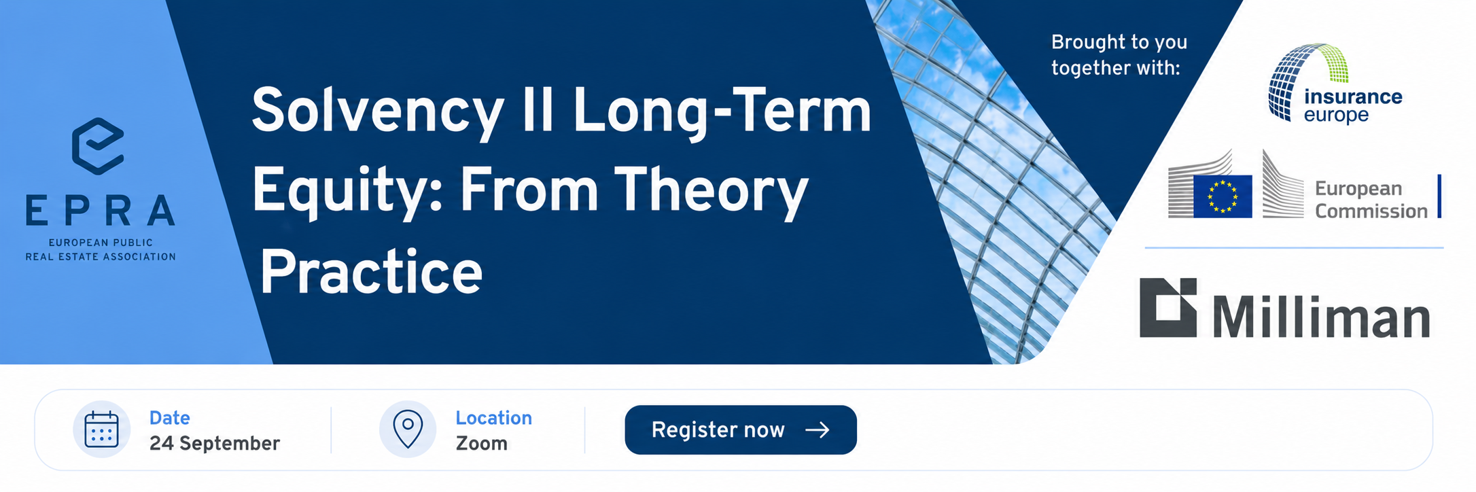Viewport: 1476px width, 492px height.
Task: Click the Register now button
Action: point(741,429)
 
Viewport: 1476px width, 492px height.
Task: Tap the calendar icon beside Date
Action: point(102,429)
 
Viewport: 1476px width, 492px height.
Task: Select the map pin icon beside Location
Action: point(408,429)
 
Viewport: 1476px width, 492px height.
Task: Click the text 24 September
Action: point(215,443)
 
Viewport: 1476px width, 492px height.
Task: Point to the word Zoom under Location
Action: point(482,443)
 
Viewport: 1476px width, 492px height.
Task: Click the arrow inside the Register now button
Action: point(818,429)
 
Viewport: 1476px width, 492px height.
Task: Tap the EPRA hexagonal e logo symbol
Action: point(98,146)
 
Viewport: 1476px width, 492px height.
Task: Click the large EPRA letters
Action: point(101,211)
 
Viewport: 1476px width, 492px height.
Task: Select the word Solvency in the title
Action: point(378,112)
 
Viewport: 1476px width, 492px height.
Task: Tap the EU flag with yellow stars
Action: point(1223,196)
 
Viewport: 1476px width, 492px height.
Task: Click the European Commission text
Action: point(1371,199)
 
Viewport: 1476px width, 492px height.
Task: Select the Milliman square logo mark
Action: point(1168,307)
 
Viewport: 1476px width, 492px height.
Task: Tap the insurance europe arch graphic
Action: point(1305,80)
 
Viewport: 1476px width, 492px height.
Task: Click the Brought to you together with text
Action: point(1119,55)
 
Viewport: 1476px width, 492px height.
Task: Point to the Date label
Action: point(170,417)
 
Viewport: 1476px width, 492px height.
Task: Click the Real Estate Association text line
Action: point(101,257)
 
